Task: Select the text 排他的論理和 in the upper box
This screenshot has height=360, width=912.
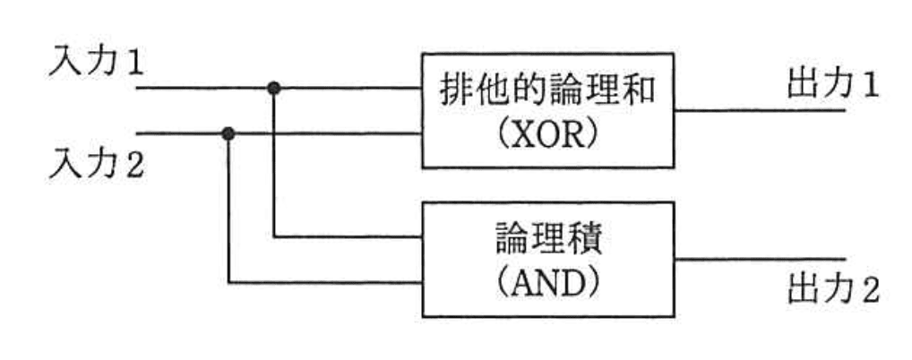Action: (x=547, y=92)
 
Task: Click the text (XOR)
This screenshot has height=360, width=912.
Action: (x=547, y=137)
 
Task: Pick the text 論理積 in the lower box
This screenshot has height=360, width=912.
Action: (x=547, y=241)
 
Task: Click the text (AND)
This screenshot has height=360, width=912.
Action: (x=547, y=285)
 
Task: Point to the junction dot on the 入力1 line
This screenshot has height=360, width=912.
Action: (x=274, y=88)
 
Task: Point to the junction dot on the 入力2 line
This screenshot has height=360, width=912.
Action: (x=229, y=133)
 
